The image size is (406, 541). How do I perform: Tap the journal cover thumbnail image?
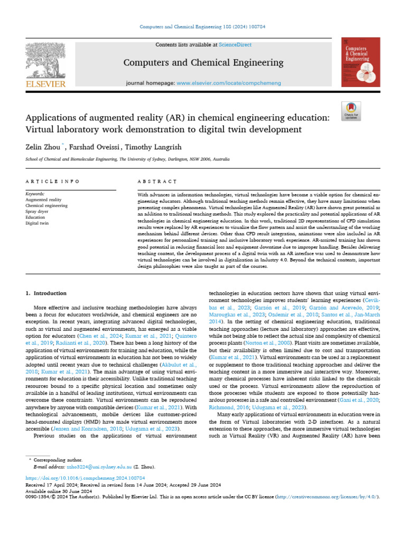click(x=361, y=62)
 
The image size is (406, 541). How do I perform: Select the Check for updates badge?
click(x=351, y=110)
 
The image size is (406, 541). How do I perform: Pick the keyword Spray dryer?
click(x=37, y=211)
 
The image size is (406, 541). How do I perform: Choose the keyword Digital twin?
click(x=37, y=223)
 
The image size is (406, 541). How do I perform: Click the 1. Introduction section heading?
click(x=47, y=293)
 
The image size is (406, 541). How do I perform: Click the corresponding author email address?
click(x=96, y=468)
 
